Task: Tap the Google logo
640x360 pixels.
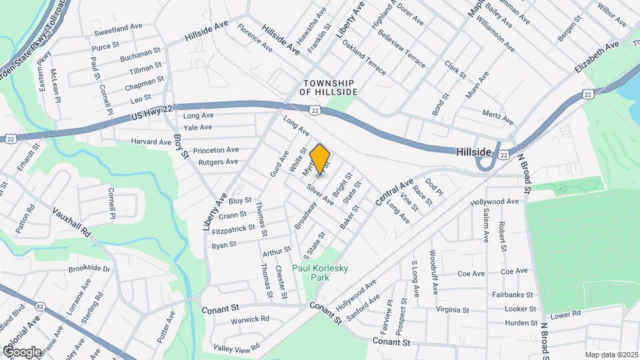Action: [21, 351]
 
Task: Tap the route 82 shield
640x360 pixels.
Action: [41, 306]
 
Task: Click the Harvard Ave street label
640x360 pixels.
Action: [152, 142]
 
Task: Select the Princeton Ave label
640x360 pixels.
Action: [215, 150]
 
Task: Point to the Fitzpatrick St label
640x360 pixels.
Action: [233, 229]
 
